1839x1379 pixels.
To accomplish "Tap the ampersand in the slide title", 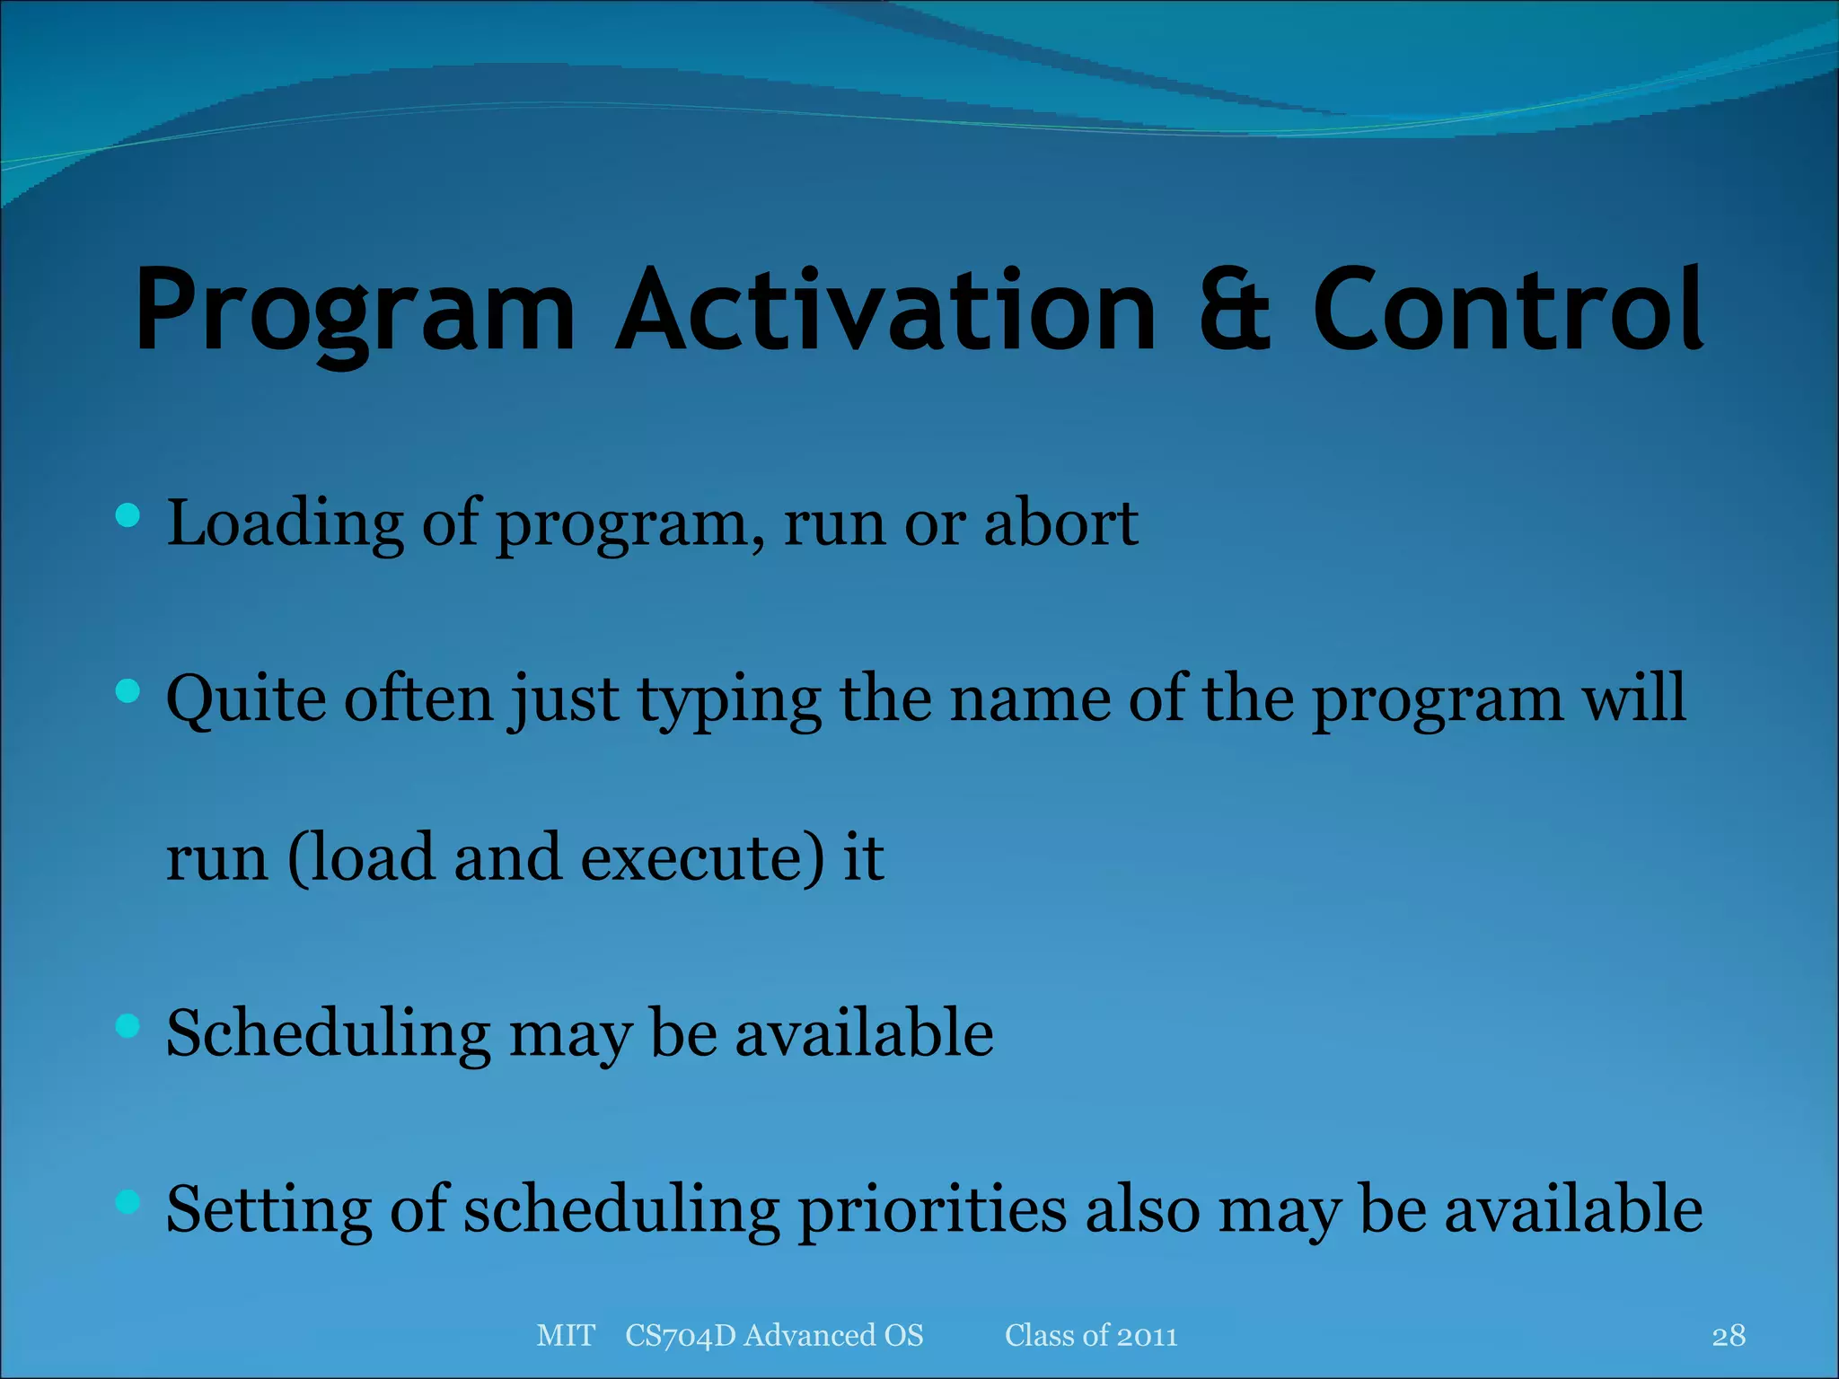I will tap(1234, 310).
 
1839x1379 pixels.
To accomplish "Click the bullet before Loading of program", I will tap(128, 515).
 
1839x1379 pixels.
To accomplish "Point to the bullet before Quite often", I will tap(128, 690).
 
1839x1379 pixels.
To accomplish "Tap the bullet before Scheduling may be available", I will tap(128, 1025).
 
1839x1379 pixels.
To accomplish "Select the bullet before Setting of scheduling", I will tap(128, 1201).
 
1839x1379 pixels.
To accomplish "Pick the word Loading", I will tap(286, 525).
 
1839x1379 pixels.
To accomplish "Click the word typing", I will tap(728, 700).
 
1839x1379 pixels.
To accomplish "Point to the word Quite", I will tap(245, 700).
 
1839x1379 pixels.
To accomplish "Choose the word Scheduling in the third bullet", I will tap(328, 1034).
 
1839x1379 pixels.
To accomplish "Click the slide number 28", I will tap(1729, 1336).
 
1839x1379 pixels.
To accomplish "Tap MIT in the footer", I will tap(565, 1336).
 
